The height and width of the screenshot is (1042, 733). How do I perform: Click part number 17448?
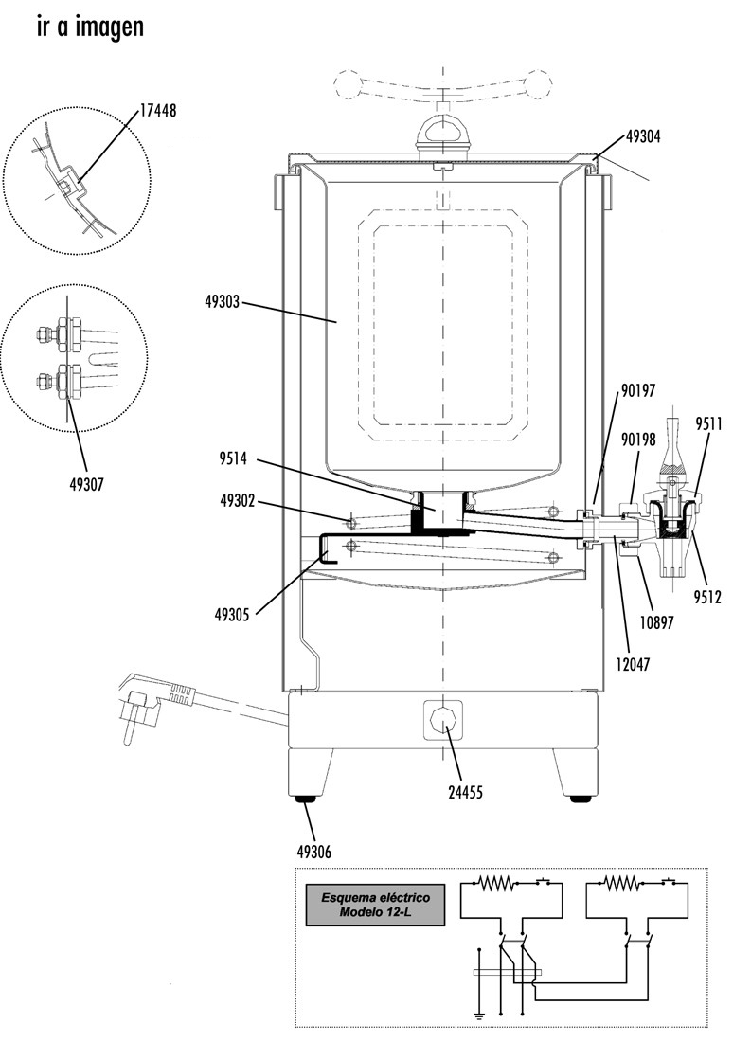coord(158,111)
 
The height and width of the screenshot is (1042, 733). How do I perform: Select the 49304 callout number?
coord(643,135)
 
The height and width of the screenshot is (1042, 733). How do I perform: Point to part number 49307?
coord(86,484)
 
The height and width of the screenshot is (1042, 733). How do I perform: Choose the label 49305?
coord(233,613)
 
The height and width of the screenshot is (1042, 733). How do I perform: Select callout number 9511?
coord(710,423)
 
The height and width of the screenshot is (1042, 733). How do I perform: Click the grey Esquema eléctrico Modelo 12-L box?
coord(376,904)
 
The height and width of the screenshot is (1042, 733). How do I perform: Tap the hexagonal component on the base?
coord(443,719)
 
